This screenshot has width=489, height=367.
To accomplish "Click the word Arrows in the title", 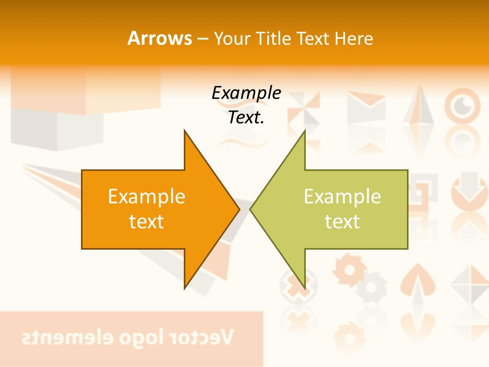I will coord(159,38).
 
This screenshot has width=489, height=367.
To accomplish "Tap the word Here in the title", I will coord(354,38).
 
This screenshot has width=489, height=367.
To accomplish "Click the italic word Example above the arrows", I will coord(246,93).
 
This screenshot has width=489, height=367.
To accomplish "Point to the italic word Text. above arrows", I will coord(246,118).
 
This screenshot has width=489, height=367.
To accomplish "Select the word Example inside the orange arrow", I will coord(146,197).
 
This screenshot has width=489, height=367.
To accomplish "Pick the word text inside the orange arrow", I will coord(146,222).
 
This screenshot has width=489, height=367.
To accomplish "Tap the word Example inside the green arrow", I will coord(342,197).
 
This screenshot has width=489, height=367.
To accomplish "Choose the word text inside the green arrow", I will coord(342,222).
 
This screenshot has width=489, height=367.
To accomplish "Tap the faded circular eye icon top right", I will coord(462,104).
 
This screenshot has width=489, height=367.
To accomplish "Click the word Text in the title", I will coord(314,38).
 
